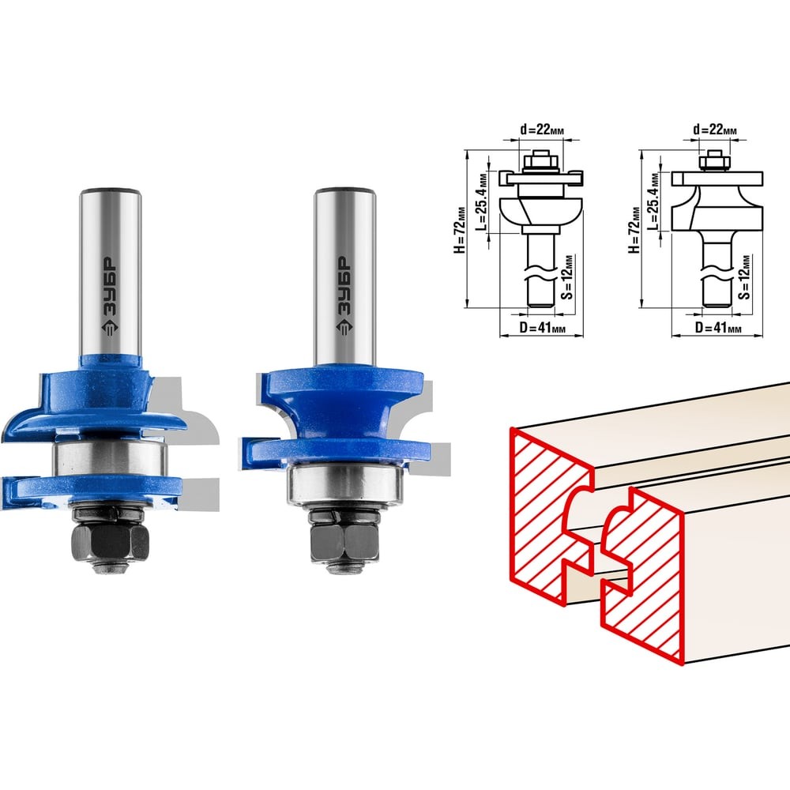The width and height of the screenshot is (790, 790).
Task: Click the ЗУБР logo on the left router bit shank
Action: pyautogui.click(x=110, y=298)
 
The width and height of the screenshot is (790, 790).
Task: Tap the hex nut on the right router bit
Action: pyautogui.click(x=344, y=543)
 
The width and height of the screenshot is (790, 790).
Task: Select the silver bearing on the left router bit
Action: pyautogui.click(x=110, y=458)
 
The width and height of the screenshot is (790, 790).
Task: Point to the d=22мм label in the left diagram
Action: pyautogui.click(x=542, y=130)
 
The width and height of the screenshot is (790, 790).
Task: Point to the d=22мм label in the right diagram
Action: pyautogui.click(x=714, y=130)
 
